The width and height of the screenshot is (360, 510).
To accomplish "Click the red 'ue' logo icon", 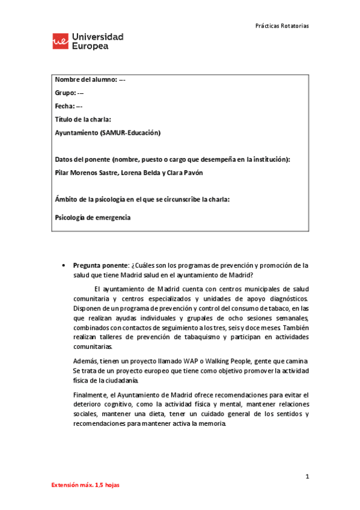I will click(x=60, y=41).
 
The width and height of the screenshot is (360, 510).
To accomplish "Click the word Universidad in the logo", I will click(x=97, y=37).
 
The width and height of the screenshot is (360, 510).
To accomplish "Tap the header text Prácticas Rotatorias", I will click(x=282, y=26).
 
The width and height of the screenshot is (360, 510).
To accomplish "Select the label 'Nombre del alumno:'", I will click(x=85, y=80).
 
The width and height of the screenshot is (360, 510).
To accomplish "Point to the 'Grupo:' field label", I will click(x=65, y=93).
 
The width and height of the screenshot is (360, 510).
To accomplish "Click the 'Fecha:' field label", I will click(x=65, y=106).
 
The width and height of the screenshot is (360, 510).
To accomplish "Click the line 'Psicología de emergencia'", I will click(x=93, y=218).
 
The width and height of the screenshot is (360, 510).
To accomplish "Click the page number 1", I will click(x=307, y=477).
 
